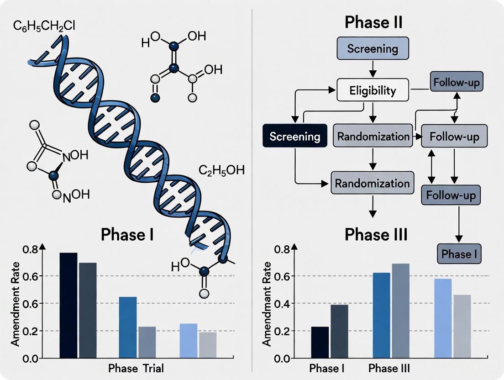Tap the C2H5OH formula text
pos(221,171)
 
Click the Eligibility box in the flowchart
pos(373,90)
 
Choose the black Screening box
pos(295,136)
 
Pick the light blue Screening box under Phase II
pos(373,49)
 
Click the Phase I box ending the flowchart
pos(459,254)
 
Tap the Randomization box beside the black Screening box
pos(373,136)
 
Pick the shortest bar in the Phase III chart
pos(320,342)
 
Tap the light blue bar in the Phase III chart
pos(443,318)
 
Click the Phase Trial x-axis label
pos(135,368)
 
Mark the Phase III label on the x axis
pos(389,368)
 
